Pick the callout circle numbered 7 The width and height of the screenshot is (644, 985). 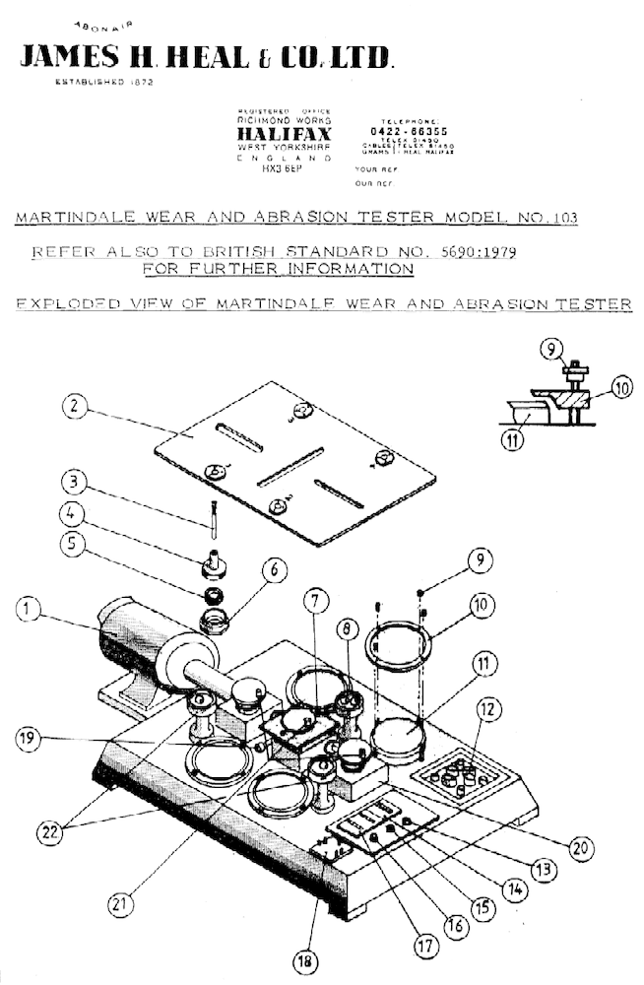point(313,626)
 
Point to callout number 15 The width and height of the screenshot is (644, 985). point(480,908)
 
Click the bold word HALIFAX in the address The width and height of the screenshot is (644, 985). point(285,134)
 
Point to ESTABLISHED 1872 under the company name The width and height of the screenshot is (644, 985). point(104,82)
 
